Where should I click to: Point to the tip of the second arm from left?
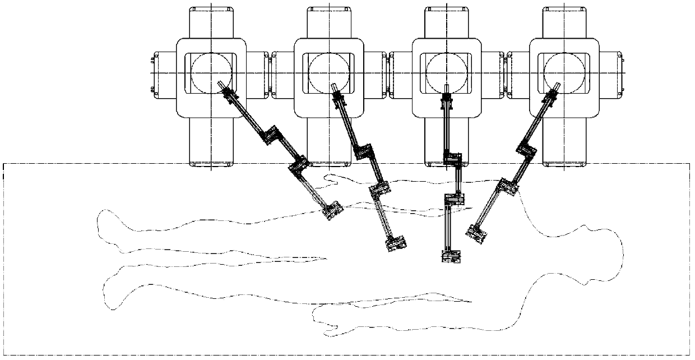pos(396,243)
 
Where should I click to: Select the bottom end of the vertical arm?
pos(451,255)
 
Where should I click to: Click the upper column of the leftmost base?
pos(211,22)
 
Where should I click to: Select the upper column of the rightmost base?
pos(564,22)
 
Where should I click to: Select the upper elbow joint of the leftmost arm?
pos(273,135)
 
